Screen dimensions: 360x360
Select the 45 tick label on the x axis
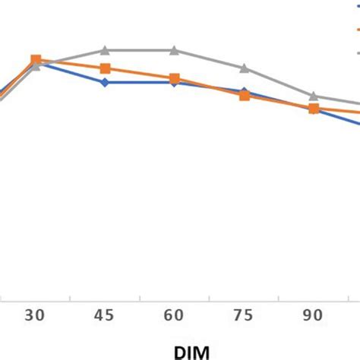tap(105, 316)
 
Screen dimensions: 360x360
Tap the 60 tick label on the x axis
tap(174, 316)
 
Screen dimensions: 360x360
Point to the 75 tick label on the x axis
tap(244, 316)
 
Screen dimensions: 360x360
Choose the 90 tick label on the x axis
tap(313, 316)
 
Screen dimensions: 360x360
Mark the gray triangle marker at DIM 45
tap(105, 50)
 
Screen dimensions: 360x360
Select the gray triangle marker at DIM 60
tap(174, 50)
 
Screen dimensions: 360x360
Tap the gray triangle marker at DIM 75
tap(244, 68)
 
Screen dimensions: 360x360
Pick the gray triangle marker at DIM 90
tap(313, 96)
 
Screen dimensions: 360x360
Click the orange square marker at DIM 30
tap(36, 59)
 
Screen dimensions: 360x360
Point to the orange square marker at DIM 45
tap(105, 68)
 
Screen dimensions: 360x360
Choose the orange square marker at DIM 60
tap(174, 78)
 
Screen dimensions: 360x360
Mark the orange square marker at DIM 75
tap(244, 96)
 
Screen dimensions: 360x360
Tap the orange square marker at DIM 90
tap(313, 109)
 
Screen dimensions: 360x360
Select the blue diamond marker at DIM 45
tap(105, 82)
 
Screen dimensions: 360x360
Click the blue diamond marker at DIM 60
tap(174, 82)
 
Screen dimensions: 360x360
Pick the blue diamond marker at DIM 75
tap(244, 91)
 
